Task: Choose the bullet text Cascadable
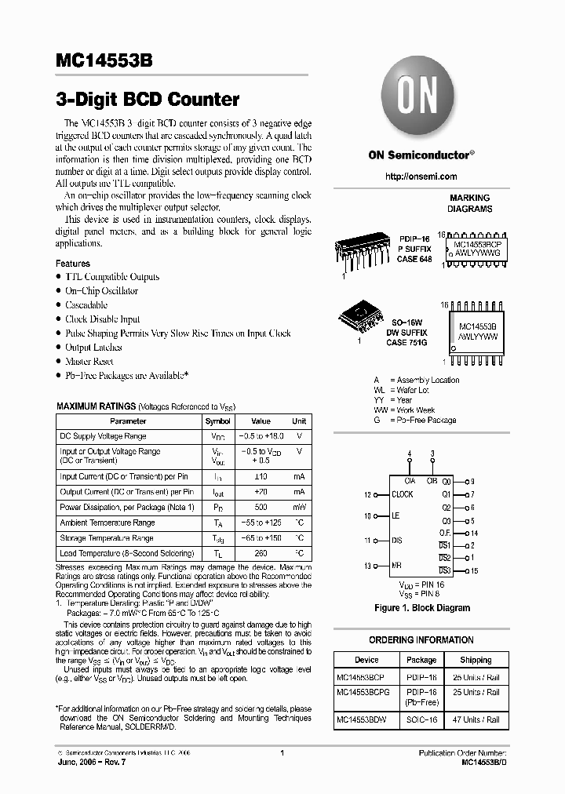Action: point(86,305)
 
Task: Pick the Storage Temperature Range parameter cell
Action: point(107,538)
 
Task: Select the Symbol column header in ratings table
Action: point(217,421)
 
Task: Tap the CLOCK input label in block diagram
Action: point(403,495)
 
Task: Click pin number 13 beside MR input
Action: point(366,566)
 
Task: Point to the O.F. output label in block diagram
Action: point(445,534)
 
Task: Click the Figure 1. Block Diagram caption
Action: point(421,608)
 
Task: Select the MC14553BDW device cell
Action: point(361,720)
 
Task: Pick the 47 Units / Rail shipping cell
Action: point(476,720)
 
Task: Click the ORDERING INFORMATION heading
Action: point(421,640)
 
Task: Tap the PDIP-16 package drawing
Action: point(366,251)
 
